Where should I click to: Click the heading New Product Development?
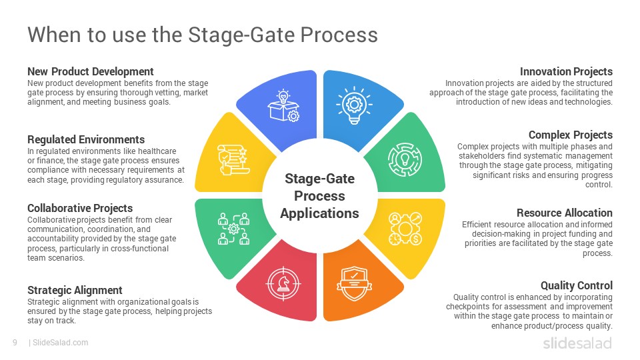91,71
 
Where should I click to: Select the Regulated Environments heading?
86,139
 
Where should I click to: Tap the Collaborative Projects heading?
80,208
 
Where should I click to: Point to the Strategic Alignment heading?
75,290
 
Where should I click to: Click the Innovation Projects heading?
566,71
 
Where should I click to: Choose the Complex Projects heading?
570,135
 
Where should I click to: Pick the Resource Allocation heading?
564,213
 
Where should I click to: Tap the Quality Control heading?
576,285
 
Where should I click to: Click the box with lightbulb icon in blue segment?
283,106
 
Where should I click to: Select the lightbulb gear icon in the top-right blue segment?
355,106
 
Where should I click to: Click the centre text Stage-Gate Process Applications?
319,196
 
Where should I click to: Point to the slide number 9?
14,343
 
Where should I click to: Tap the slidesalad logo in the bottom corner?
577,343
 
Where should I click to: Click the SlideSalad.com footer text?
60,343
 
